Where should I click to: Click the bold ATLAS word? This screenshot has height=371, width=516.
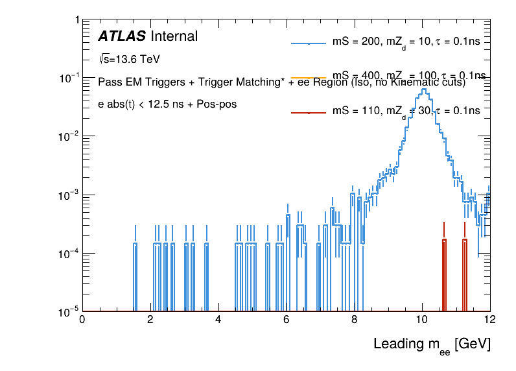[121, 36]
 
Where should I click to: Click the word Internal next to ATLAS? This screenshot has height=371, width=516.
[174, 36]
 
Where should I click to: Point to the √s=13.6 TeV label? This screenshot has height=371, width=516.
[129, 59]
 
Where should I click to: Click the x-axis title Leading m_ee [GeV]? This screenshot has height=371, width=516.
[431, 344]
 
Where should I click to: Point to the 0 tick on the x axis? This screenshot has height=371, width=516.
[82, 319]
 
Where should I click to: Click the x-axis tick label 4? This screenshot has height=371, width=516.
[218, 319]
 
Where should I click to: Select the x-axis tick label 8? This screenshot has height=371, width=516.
[354, 319]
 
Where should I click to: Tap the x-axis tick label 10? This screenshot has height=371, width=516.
[422, 319]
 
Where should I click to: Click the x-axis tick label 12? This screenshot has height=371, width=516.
[489, 319]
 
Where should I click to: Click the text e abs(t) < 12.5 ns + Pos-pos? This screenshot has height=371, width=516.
[167, 104]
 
